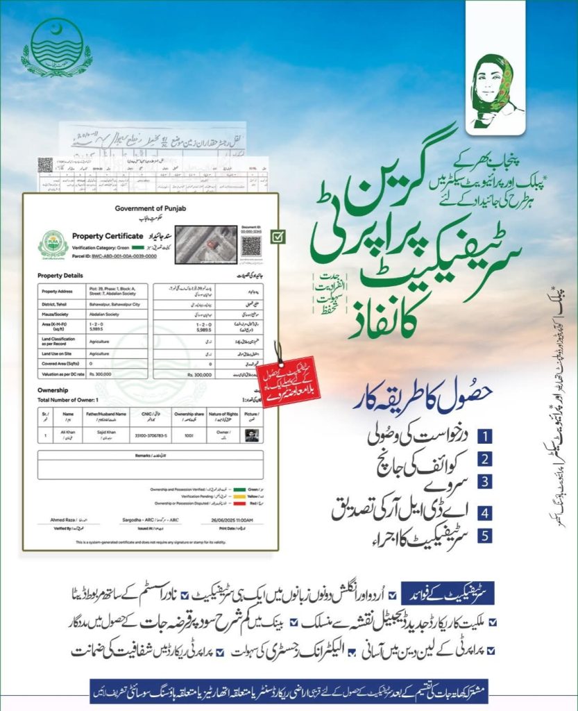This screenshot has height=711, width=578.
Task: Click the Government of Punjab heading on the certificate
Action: [146, 210]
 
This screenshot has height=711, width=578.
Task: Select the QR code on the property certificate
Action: [251, 245]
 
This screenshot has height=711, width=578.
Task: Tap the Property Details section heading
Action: [60, 276]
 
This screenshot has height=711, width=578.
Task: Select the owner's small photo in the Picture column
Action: [253, 435]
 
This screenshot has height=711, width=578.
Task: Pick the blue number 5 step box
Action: [486, 536]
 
